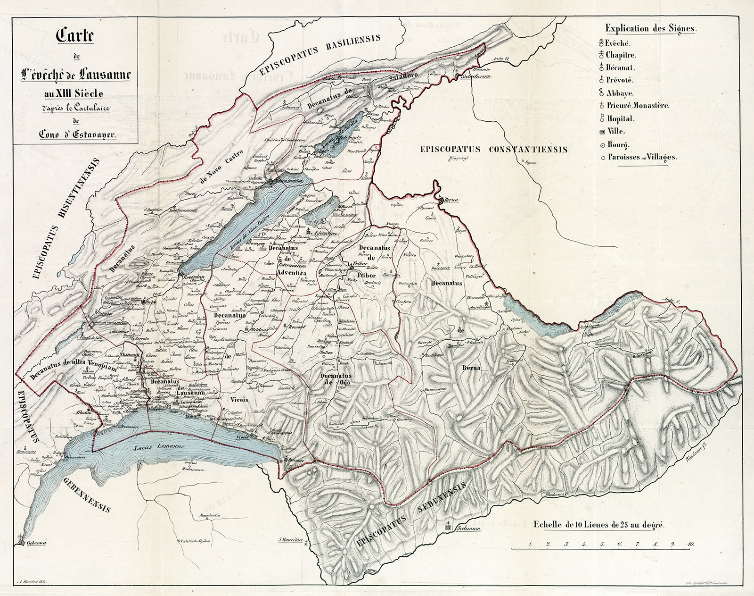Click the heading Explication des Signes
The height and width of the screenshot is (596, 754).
(650, 28)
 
